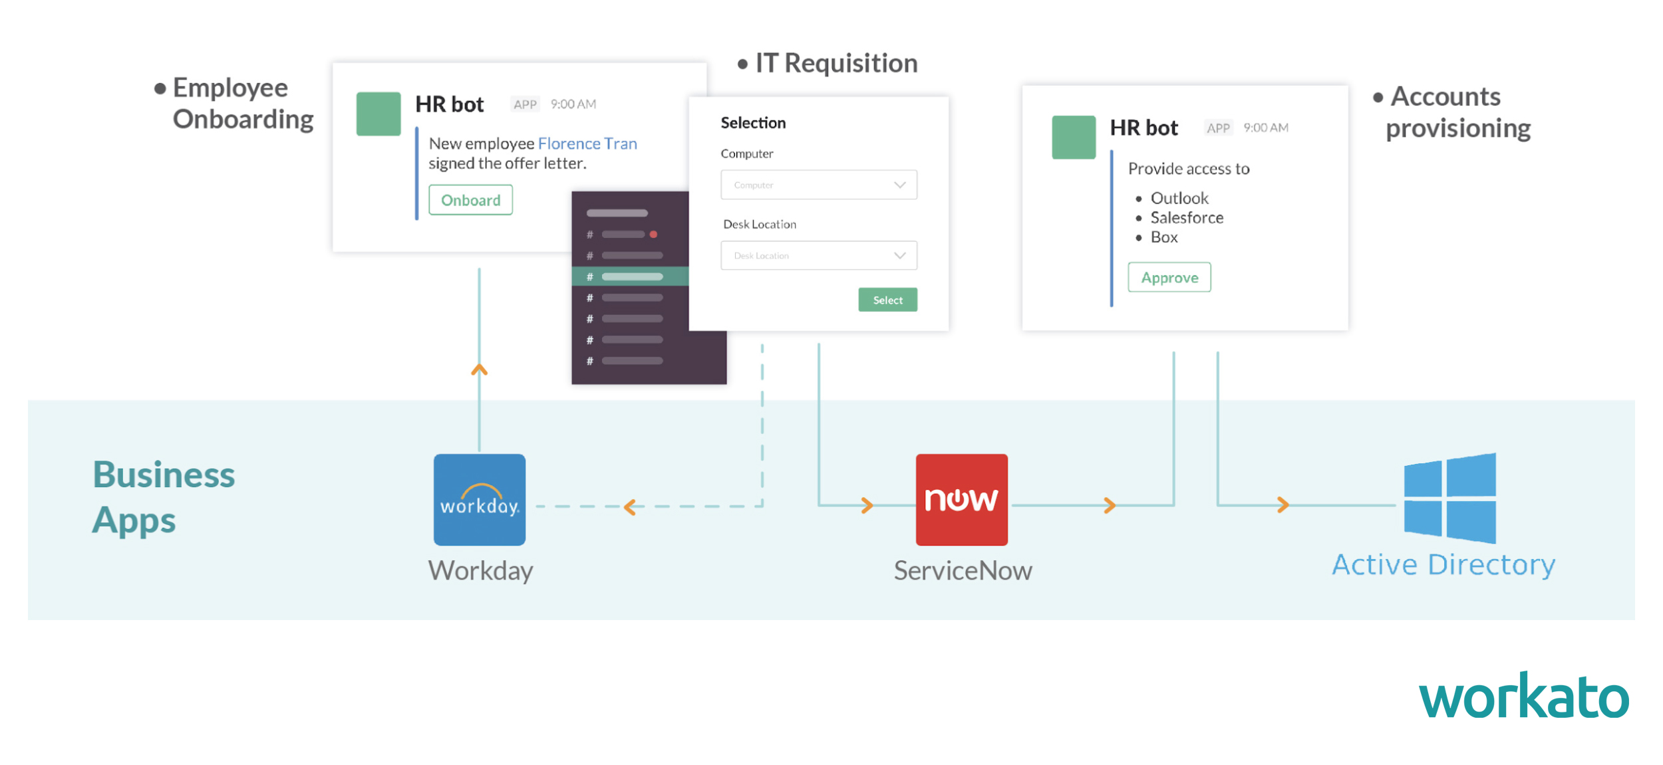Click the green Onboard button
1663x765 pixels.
(x=470, y=200)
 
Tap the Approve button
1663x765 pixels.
(x=1169, y=278)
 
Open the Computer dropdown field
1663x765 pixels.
(x=818, y=185)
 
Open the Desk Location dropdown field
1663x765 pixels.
(x=818, y=255)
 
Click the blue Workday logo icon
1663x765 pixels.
(x=479, y=500)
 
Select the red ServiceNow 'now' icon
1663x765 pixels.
(x=961, y=500)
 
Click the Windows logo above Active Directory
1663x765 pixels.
(x=1449, y=498)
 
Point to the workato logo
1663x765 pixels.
(x=1523, y=697)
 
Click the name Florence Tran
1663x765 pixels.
(x=587, y=144)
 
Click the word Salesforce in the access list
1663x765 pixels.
(x=1187, y=218)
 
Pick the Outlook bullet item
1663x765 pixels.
(x=1179, y=198)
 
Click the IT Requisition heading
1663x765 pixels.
(x=835, y=63)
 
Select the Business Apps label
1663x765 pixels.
(x=164, y=496)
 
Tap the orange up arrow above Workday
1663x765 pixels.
(x=479, y=370)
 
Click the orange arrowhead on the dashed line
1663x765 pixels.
(x=630, y=507)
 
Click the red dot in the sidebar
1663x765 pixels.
(x=653, y=234)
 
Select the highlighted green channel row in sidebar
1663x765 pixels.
(x=630, y=276)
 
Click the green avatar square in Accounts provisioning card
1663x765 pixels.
(x=1073, y=138)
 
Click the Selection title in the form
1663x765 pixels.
(x=753, y=123)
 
